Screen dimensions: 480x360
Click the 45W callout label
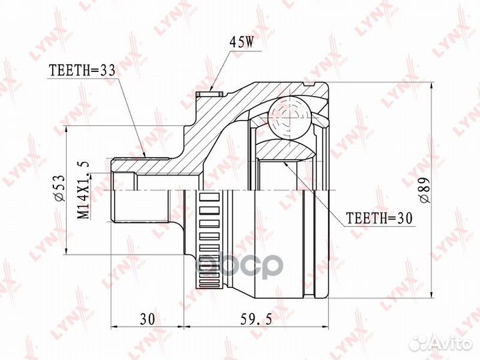click(x=241, y=43)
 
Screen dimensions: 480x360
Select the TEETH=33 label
click(x=82, y=71)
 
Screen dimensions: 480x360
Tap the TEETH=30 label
click(x=379, y=218)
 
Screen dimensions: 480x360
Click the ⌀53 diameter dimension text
click(x=59, y=188)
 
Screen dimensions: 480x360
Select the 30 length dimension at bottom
click(x=148, y=319)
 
